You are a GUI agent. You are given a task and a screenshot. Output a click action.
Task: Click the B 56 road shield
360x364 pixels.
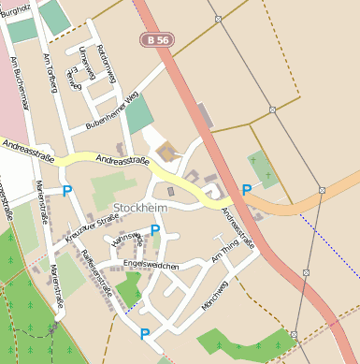[x=158, y=39]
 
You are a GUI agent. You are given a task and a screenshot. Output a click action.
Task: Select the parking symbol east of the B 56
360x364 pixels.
[x=247, y=190]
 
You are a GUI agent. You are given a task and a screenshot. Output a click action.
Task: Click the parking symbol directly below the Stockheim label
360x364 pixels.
[x=155, y=230]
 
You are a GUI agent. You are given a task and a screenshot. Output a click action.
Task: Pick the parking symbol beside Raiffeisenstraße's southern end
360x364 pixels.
[x=145, y=334]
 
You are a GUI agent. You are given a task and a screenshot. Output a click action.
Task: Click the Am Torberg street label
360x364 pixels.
[x=49, y=72]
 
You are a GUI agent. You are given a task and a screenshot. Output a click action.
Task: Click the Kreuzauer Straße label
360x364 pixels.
[x=93, y=229]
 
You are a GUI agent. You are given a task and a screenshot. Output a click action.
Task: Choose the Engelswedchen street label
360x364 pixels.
[x=151, y=266]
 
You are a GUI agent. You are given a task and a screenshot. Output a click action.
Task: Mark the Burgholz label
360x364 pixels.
[x=16, y=7]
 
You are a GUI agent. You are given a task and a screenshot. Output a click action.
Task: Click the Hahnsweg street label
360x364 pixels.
[x=124, y=245]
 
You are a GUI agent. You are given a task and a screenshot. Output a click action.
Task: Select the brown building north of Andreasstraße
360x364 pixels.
[x=166, y=153]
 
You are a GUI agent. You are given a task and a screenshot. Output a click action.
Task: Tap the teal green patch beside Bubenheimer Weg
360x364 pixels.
[x=138, y=114]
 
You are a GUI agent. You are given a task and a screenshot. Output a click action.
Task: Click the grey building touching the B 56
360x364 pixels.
[x=205, y=117]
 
